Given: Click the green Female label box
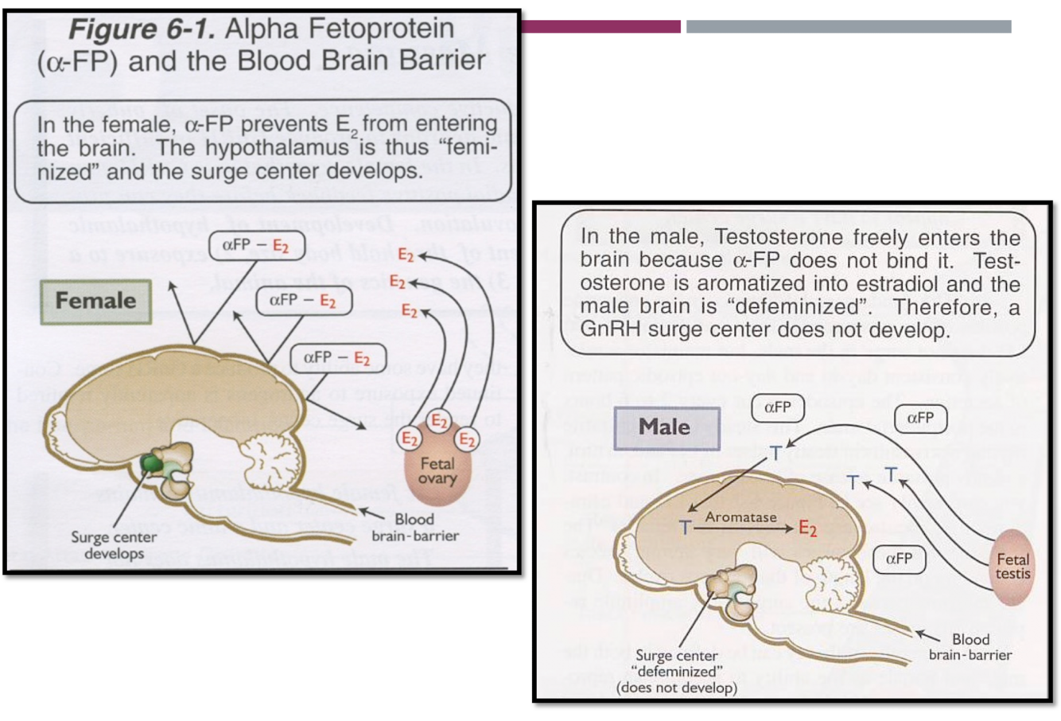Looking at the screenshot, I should point(95,301).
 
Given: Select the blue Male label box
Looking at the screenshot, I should point(667,427).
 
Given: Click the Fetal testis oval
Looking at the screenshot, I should point(1012,566).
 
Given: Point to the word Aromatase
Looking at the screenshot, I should point(740,517).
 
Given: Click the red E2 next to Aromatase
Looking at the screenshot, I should point(807,528).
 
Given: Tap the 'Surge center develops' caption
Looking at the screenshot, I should point(113,544).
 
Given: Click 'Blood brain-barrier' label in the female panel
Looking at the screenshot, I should point(414,527).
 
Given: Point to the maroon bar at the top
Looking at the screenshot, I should point(600,26).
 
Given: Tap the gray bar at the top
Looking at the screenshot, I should point(848,26).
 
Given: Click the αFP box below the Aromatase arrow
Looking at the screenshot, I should point(899,559).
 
